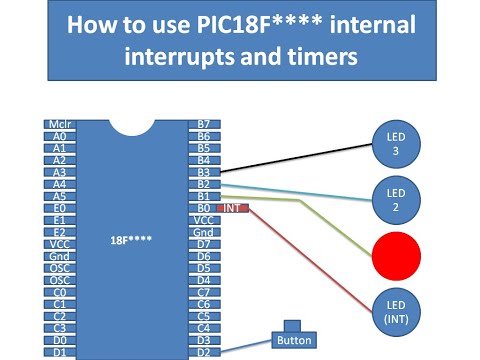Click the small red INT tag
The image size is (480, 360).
pos(231,208)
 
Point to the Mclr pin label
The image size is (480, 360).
pos(59,124)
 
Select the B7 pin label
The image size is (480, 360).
pos(203,124)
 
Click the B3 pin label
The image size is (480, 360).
pos(203,172)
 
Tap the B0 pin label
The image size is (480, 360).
pos(203,208)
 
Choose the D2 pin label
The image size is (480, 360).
pos(203,352)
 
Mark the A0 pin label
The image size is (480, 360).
pos(59,136)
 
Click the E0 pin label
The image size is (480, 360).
pos(59,208)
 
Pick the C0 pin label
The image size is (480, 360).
pos(59,292)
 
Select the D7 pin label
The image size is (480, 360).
pos(203,244)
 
